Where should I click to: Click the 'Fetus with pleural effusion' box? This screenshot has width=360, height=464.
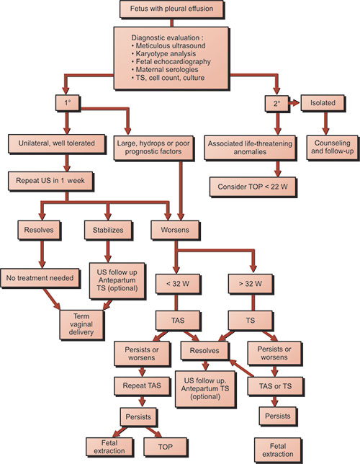click(x=171, y=9)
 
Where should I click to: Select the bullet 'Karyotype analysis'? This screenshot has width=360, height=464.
click(x=163, y=53)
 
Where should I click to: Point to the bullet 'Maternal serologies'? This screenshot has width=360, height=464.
click(x=165, y=70)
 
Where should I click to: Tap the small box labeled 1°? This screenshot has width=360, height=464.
click(x=68, y=103)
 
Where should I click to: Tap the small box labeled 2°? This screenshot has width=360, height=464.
click(x=276, y=103)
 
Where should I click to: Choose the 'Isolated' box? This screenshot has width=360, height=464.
click(x=323, y=103)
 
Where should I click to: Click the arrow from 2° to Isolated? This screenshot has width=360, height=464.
click(x=294, y=103)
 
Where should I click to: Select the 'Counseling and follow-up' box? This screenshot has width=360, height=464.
click(x=332, y=148)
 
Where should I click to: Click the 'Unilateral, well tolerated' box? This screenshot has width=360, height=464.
click(x=56, y=143)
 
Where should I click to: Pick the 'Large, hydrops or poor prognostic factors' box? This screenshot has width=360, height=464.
click(x=153, y=148)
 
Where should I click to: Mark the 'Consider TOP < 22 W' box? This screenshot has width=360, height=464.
click(x=253, y=187)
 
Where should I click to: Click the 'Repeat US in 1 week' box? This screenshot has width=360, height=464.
click(x=50, y=181)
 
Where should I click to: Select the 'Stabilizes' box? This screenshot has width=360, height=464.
click(x=108, y=230)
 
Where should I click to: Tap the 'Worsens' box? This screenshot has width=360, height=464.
click(x=175, y=230)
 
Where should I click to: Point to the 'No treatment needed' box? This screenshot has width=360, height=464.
click(x=40, y=278)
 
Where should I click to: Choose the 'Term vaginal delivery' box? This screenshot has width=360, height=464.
click(x=81, y=324)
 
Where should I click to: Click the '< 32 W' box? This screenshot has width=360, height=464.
click(x=178, y=284)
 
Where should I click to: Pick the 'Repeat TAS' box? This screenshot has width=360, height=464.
click(x=142, y=386)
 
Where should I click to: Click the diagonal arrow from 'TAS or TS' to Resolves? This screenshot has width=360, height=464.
click(x=242, y=368)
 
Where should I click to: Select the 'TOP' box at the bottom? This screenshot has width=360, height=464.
click(x=166, y=447)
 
